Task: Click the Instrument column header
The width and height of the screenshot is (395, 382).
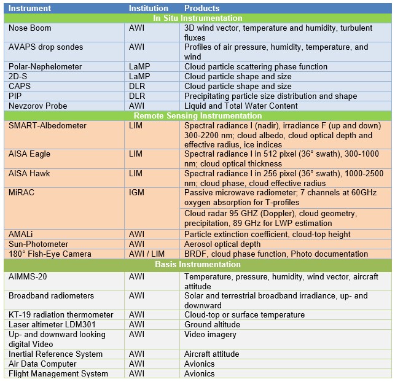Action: [30, 9]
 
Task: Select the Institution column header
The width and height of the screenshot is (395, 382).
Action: [148, 9]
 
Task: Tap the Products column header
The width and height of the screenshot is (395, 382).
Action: [201, 9]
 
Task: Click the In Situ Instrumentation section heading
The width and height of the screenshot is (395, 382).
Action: [197, 18]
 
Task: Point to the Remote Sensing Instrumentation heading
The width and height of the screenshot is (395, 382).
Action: [197, 115]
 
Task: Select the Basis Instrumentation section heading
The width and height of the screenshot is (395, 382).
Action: [197, 265]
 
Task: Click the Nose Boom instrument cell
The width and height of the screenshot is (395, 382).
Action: [29, 28]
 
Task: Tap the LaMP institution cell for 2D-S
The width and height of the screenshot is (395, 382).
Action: [139, 76]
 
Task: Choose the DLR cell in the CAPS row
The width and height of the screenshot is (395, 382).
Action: [137, 86]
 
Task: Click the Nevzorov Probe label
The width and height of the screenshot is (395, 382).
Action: [38, 106]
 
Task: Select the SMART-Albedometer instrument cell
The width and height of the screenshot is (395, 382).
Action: [47, 125]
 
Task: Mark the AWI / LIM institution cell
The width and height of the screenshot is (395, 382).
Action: [146, 254]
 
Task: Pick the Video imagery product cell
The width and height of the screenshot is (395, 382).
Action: [210, 334]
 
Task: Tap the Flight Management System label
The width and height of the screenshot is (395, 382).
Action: [58, 373]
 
